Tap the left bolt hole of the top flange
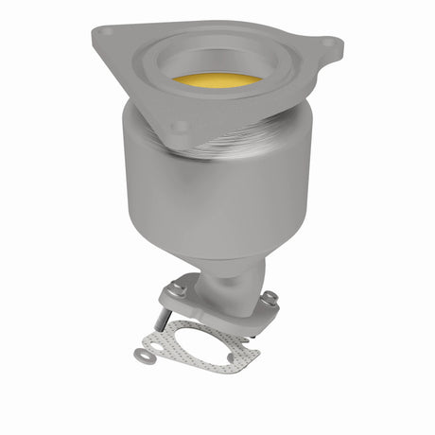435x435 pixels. click(107, 32)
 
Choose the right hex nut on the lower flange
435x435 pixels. click(270, 298)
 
